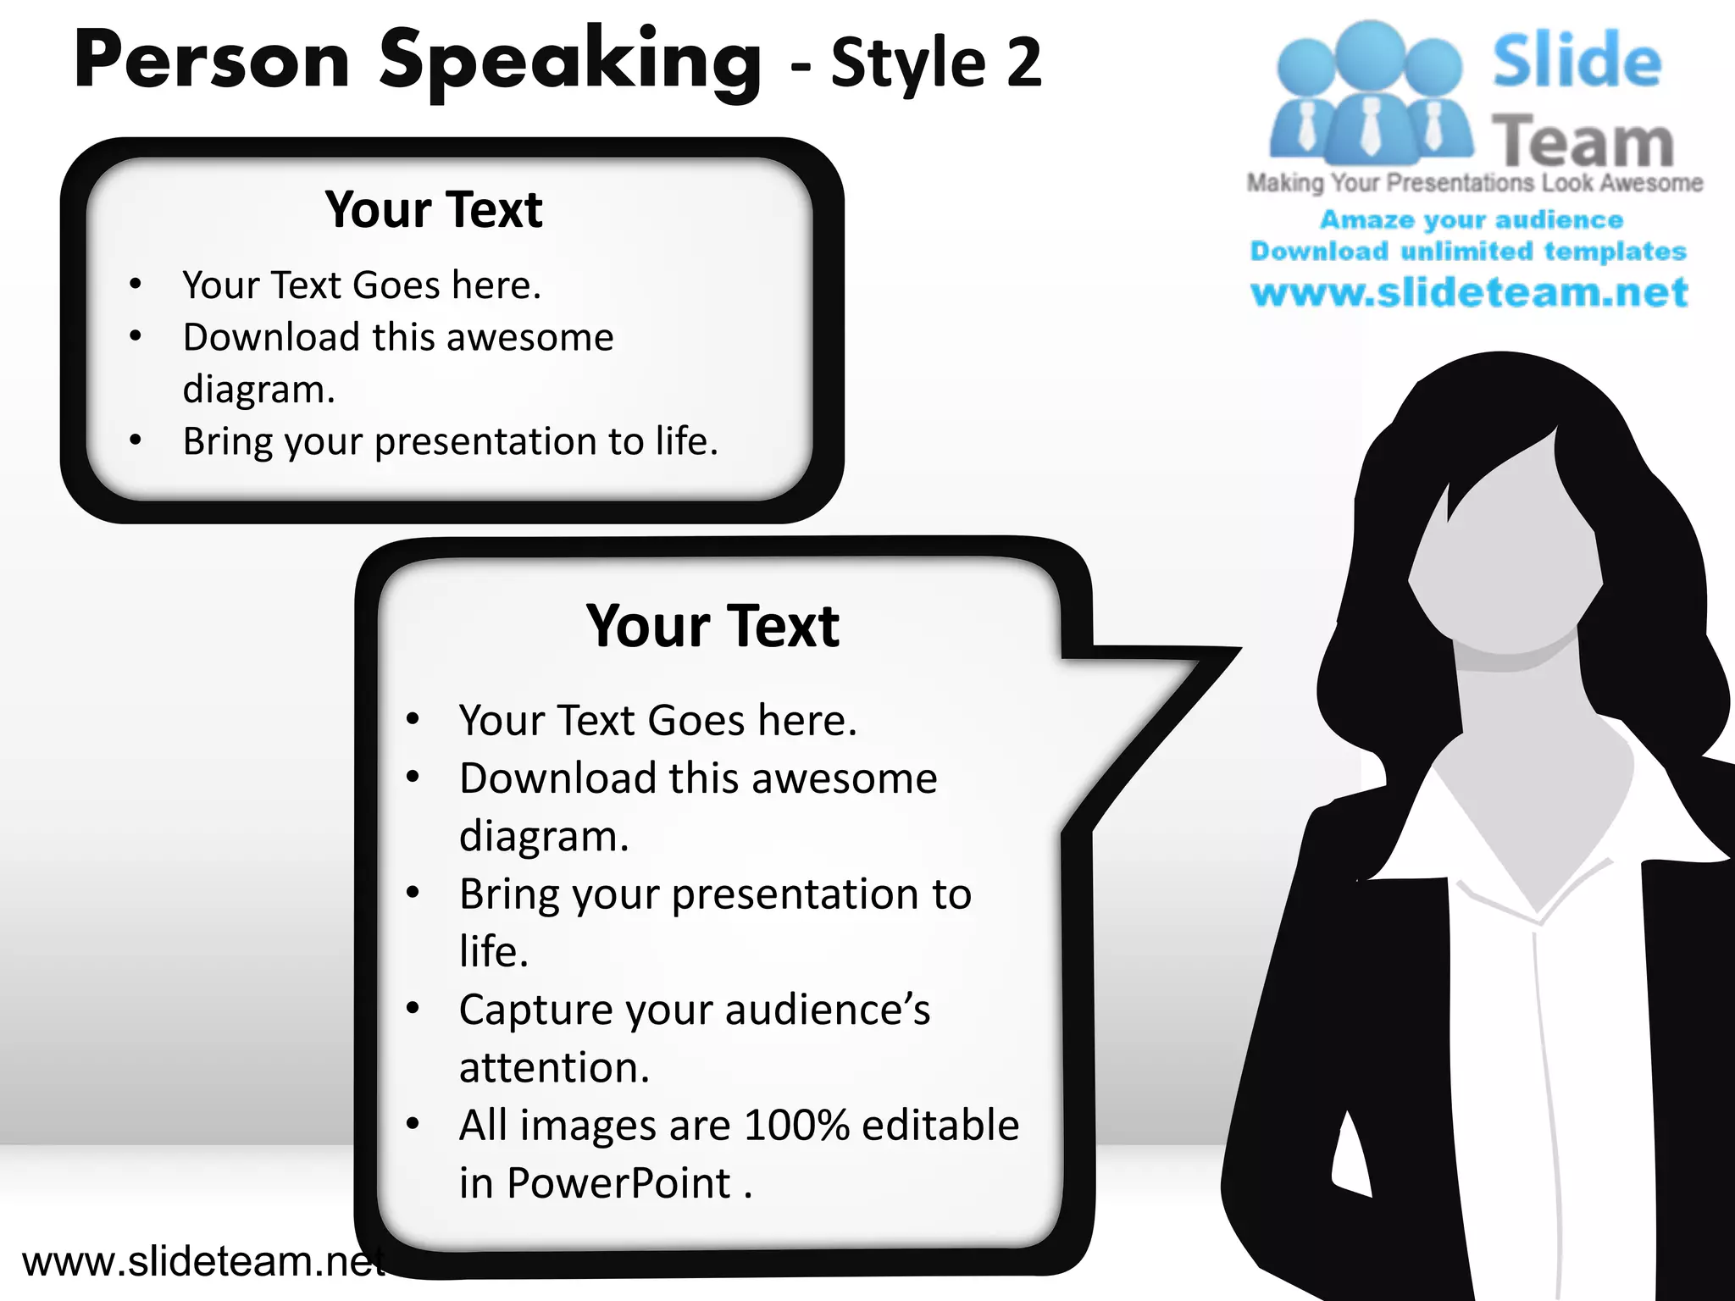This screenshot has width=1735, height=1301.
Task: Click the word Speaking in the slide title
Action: pos(569,61)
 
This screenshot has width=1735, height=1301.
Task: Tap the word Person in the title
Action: pos(212,61)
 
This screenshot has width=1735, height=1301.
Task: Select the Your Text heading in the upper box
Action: pos(433,209)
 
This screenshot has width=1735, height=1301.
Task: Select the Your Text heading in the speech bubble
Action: pos(712,626)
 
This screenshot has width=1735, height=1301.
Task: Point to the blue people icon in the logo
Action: pos(1369,93)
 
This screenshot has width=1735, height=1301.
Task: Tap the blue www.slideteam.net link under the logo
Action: pos(1469,292)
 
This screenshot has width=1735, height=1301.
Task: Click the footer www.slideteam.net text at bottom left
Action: pos(203,1261)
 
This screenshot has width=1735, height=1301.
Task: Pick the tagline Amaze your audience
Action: pos(1472,220)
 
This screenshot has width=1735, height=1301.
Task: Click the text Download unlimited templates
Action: pos(1468,252)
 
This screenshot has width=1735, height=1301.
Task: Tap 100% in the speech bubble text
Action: pos(796,1126)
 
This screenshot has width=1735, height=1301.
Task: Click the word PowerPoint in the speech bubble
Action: pos(618,1183)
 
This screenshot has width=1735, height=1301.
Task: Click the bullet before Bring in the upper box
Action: pos(136,440)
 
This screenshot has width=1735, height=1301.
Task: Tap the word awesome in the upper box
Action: pos(530,338)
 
